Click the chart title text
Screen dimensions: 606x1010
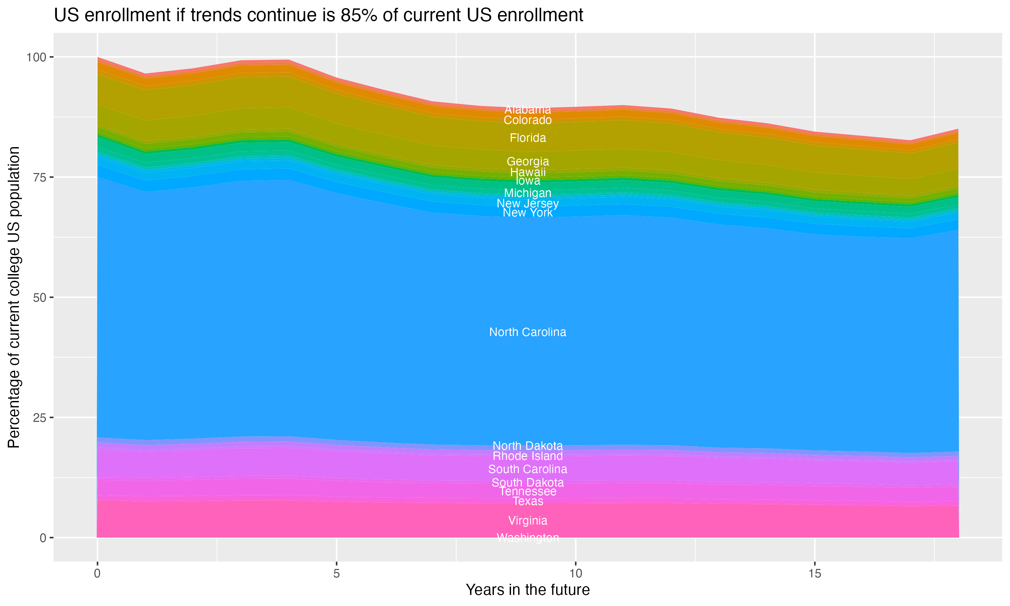click(x=318, y=15)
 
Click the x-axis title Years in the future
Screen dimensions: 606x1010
click(x=528, y=590)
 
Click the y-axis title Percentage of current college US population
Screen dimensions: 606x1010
click(x=14, y=297)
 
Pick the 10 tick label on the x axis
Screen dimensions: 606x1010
click(x=575, y=573)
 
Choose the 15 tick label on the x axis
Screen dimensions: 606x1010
click(x=814, y=573)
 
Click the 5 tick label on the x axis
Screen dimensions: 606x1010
click(x=336, y=573)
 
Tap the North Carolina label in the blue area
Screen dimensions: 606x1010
click(x=528, y=332)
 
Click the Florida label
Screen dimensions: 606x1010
click(x=528, y=138)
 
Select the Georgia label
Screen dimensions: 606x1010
click(x=528, y=161)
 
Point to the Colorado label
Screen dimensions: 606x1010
click(x=528, y=120)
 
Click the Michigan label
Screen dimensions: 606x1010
click(x=528, y=193)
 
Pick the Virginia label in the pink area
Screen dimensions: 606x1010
click(x=528, y=520)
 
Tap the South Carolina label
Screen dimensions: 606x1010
click(x=528, y=469)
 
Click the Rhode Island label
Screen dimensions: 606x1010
click(x=528, y=456)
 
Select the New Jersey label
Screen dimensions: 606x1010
click(x=528, y=203)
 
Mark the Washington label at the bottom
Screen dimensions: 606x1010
click(x=528, y=538)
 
